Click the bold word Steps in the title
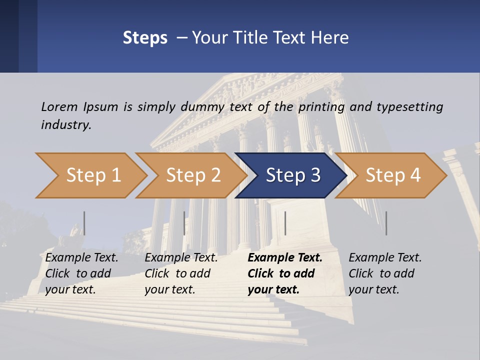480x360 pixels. (145, 38)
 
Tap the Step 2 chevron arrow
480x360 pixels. (193, 175)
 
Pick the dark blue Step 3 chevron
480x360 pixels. (293, 175)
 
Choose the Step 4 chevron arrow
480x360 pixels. (393, 175)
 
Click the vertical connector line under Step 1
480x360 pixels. (84, 223)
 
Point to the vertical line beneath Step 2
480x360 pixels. (184, 223)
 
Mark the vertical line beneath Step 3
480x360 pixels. (285, 223)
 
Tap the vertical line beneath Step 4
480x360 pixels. (386, 223)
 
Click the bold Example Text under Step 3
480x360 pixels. (285, 273)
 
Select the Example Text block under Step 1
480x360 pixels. (82, 273)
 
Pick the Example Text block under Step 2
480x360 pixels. (181, 273)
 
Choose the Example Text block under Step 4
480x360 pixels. (385, 273)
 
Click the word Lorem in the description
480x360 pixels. (59, 106)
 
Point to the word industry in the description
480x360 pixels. (66, 125)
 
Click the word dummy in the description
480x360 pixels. (202, 107)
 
